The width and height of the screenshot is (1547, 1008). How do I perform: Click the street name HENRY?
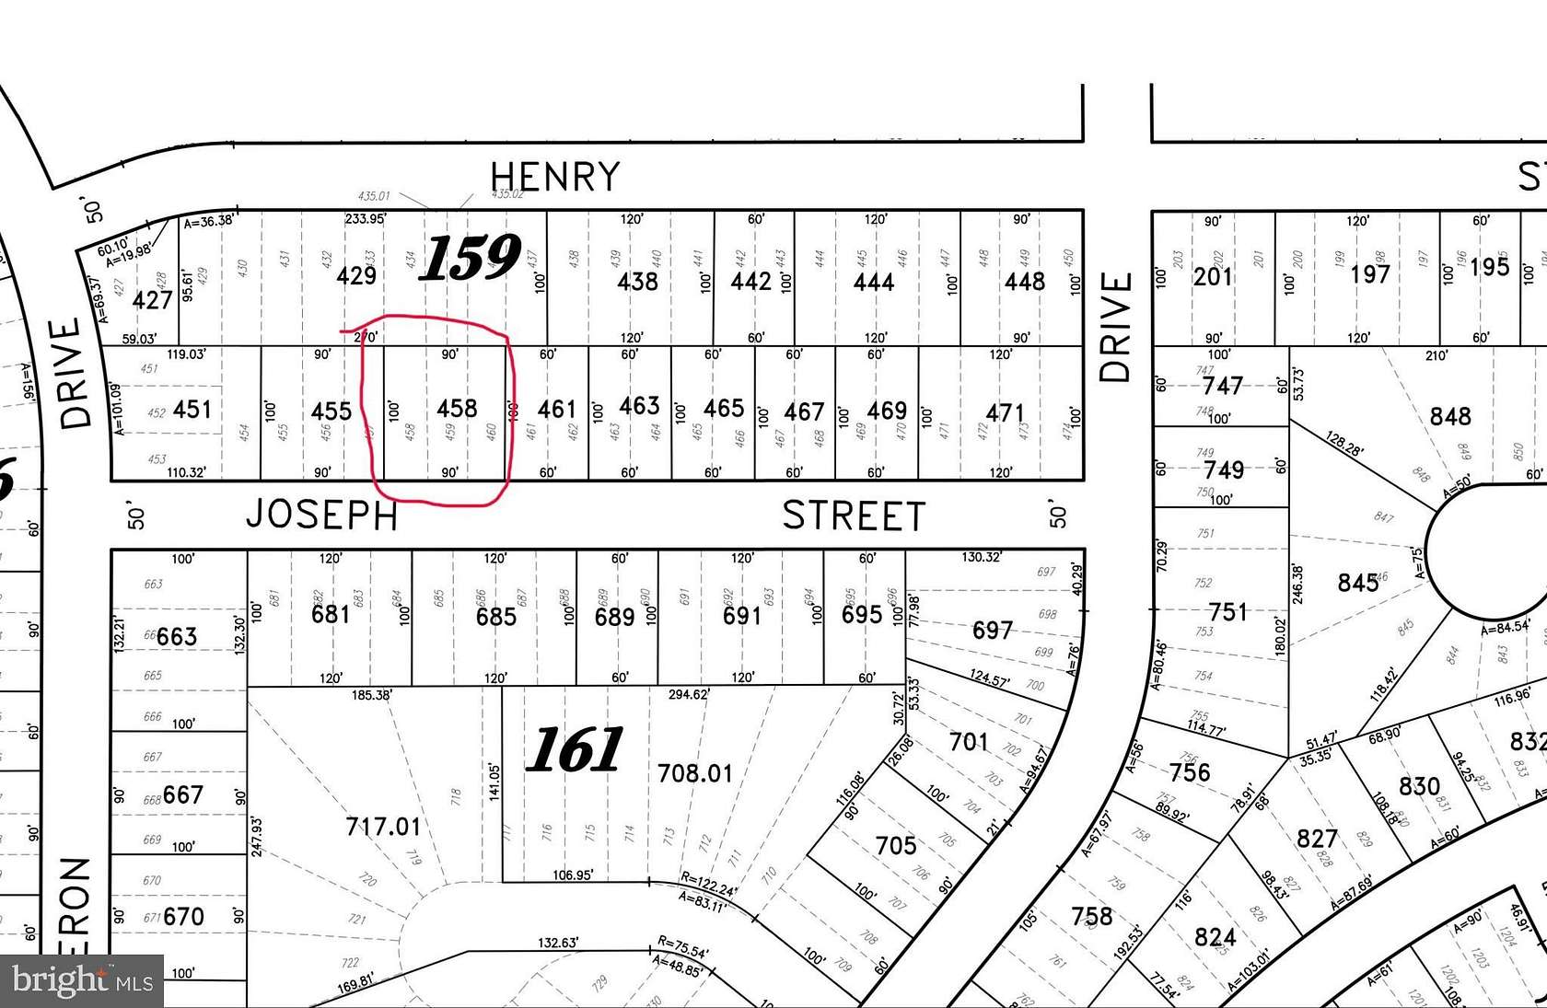click(x=554, y=177)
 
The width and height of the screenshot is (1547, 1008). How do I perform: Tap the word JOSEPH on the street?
click(x=321, y=516)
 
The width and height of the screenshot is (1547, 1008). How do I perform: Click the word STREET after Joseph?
click(x=854, y=516)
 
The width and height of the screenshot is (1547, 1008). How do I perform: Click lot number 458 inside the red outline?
click(x=457, y=409)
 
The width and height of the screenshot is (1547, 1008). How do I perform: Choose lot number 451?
click(x=192, y=410)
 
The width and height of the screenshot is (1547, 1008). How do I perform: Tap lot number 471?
click(x=1005, y=413)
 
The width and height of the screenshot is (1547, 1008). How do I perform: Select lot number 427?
click(x=153, y=300)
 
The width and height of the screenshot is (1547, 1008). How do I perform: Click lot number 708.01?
click(x=695, y=773)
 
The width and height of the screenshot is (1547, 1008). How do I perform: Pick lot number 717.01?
click(x=383, y=827)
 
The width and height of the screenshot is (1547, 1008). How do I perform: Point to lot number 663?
click(x=176, y=637)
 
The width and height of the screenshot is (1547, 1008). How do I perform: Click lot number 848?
click(x=1449, y=417)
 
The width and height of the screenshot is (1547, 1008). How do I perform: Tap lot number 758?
click(x=1091, y=916)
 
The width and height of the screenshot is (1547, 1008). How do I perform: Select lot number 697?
click(x=993, y=631)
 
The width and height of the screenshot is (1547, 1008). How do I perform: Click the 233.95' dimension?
click(x=366, y=219)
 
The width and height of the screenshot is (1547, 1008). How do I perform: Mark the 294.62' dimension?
click(x=688, y=694)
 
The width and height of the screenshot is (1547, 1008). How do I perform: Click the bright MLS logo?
click(x=82, y=980)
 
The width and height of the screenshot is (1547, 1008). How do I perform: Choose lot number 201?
click(x=1213, y=277)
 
